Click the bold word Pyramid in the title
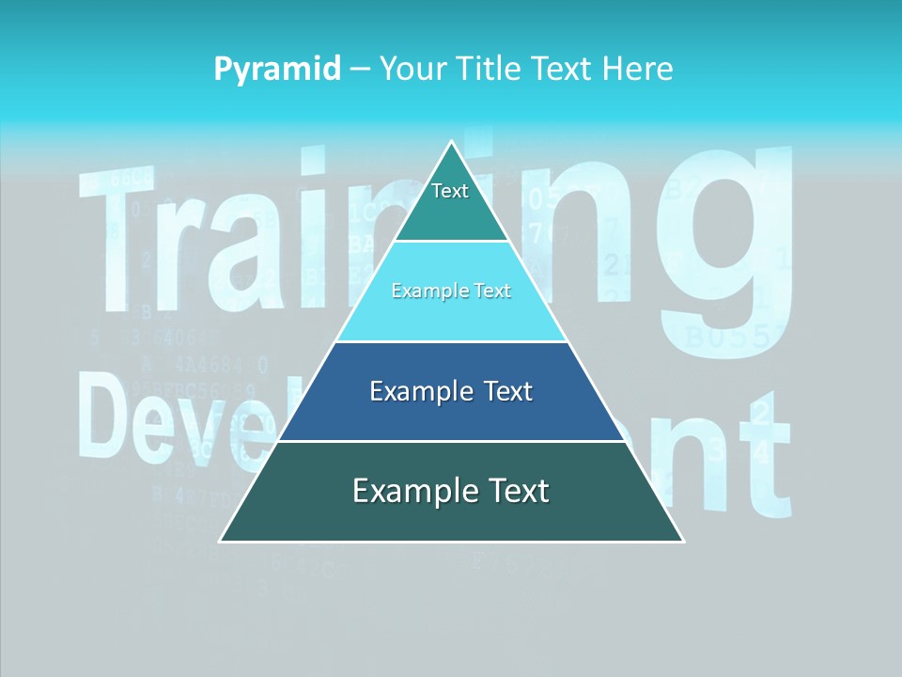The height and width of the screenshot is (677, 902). pos(277,70)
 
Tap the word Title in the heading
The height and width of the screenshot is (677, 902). pos(493,70)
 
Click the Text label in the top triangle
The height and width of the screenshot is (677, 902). pos(450,191)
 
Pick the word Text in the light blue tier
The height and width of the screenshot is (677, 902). pos(493,291)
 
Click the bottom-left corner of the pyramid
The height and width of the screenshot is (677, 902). pos(221,541)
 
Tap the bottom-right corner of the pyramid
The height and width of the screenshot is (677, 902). pos(682,541)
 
